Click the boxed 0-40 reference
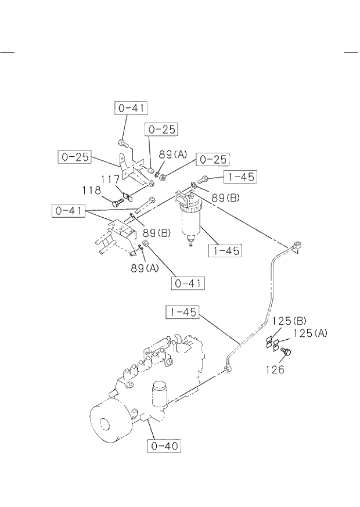(x=163, y=446)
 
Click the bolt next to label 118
(x=116, y=201)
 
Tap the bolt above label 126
(x=285, y=352)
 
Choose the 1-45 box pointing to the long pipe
(x=182, y=312)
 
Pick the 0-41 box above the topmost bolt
(x=131, y=107)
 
